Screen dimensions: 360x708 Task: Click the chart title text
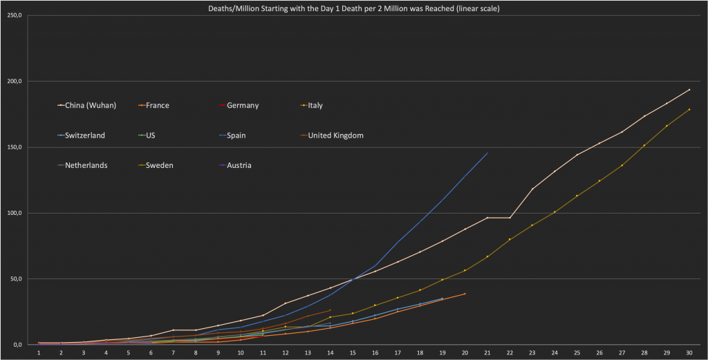(x=353, y=8)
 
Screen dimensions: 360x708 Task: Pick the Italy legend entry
(x=315, y=106)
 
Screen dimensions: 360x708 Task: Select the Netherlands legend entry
(x=86, y=166)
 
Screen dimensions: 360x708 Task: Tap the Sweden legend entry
(x=158, y=166)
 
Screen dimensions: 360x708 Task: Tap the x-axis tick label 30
(x=689, y=352)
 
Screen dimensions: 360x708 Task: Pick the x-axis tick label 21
(x=487, y=352)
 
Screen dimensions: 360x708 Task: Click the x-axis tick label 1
(x=39, y=352)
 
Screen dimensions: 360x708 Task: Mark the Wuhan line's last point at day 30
(x=689, y=90)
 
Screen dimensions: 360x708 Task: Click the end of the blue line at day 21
(x=487, y=153)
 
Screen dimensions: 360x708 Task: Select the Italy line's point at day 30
(x=689, y=109)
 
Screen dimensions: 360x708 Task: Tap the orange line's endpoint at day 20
(x=465, y=294)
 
